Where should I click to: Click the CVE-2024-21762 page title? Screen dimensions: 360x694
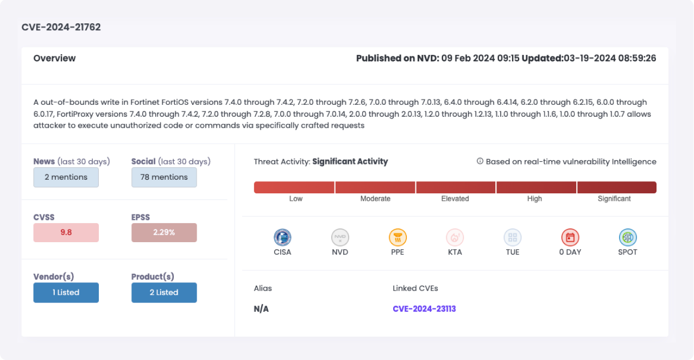[x=61, y=27]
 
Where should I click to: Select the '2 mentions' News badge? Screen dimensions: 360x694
[x=66, y=177]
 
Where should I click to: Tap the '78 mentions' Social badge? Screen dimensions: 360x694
[x=164, y=177]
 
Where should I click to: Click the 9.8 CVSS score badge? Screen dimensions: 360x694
[x=66, y=232]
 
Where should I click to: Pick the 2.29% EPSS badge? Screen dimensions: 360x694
[x=164, y=232]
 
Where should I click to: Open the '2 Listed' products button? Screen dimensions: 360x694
[x=164, y=292]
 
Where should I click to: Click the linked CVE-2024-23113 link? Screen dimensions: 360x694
[x=424, y=309]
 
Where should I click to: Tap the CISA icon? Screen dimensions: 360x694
[x=282, y=237]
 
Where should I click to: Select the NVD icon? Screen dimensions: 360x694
[x=340, y=237]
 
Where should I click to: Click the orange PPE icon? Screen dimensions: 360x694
[x=398, y=237]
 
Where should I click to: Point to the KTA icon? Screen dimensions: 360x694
[x=455, y=237]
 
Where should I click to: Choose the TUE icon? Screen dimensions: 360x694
[x=513, y=237]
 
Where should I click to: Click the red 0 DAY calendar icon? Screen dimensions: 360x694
[x=570, y=237]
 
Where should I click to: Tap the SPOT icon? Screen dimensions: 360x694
[x=628, y=237]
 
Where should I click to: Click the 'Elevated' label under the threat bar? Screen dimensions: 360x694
[x=455, y=199]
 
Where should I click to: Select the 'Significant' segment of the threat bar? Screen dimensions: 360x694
[x=616, y=187]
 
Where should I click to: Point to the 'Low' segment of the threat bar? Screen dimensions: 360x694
[x=294, y=187]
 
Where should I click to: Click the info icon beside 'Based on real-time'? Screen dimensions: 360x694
[x=480, y=161]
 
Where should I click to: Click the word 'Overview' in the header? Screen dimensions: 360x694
[x=55, y=58]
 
